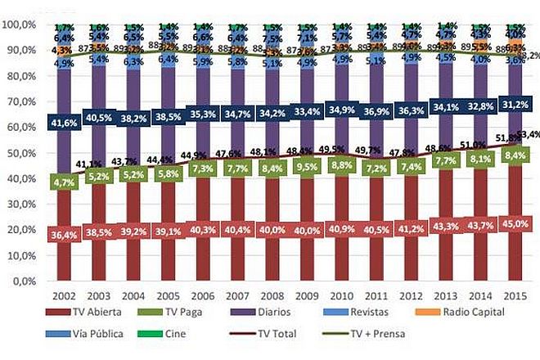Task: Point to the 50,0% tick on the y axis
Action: point(22,153)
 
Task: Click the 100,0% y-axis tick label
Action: point(20,25)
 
